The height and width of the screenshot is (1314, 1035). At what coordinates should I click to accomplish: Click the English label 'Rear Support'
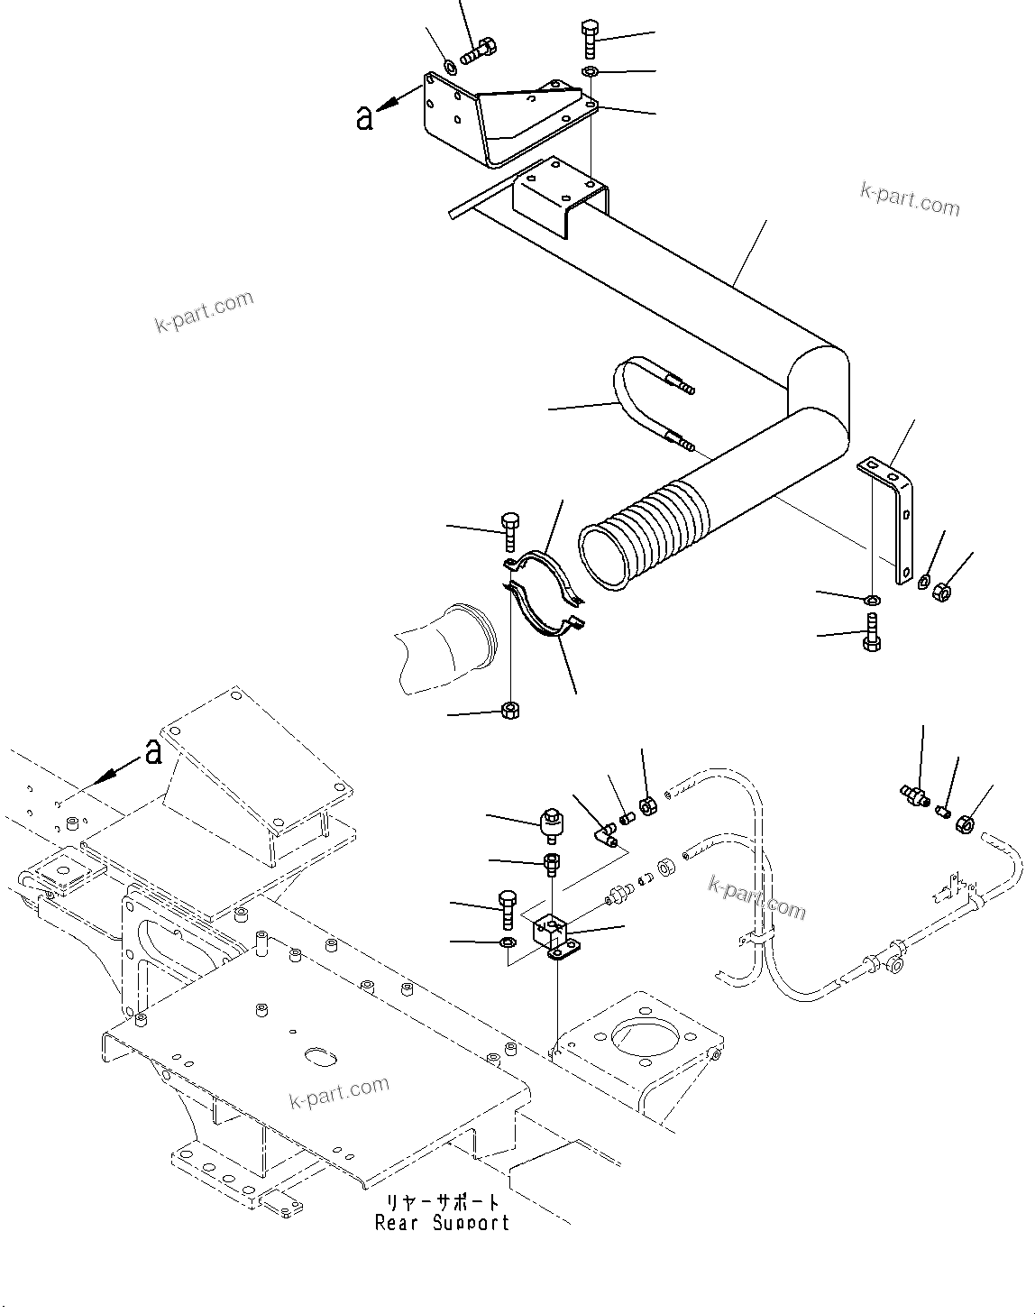click(x=443, y=1224)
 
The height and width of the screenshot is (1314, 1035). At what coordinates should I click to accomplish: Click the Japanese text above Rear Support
click(x=443, y=1203)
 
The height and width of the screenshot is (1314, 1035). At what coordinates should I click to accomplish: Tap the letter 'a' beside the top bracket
click(x=364, y=117)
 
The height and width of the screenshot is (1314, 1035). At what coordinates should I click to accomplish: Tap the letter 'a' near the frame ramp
click(x=154, y=751)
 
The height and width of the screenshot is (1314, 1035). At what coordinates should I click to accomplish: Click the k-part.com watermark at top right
click(x=910, y=199)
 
